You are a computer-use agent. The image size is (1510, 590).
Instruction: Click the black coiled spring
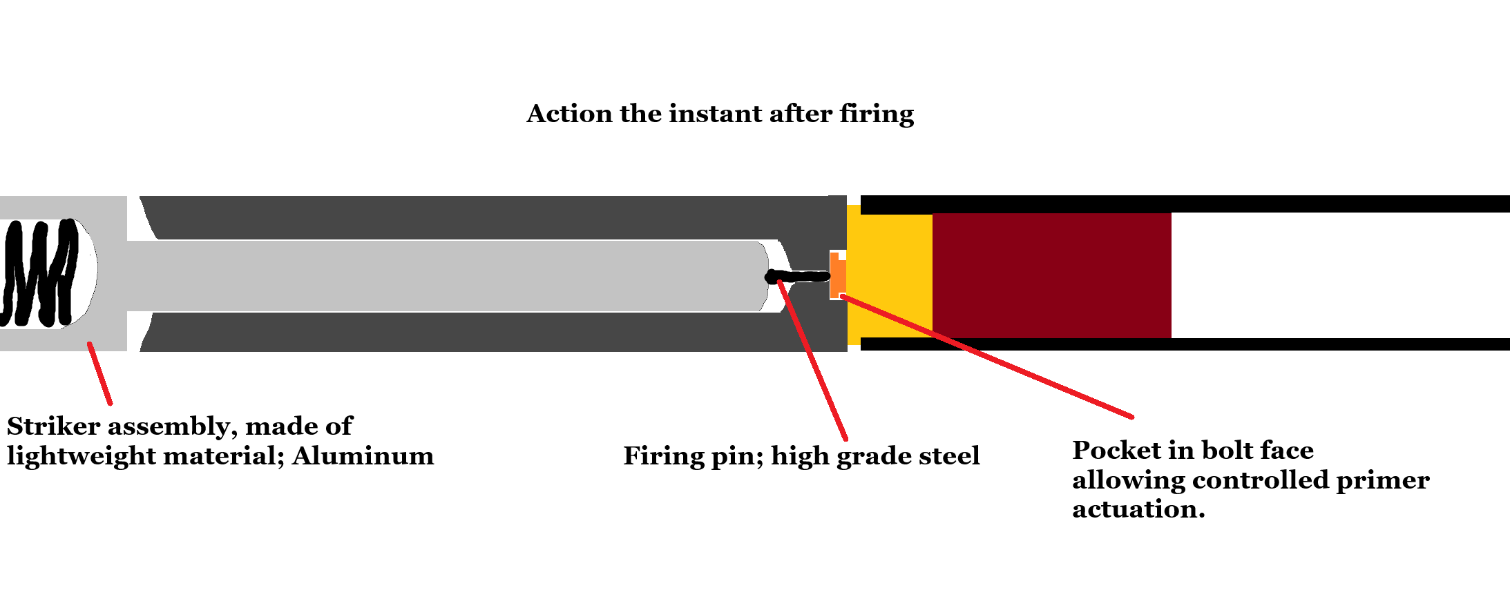pos(41,273)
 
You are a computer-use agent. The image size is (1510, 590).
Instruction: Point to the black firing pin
pos(801,277)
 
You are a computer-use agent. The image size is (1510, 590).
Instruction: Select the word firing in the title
pos(877,114)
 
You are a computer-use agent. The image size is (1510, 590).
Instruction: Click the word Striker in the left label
pos(54,426)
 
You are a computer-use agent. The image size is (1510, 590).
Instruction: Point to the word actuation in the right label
pos(1138,509)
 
